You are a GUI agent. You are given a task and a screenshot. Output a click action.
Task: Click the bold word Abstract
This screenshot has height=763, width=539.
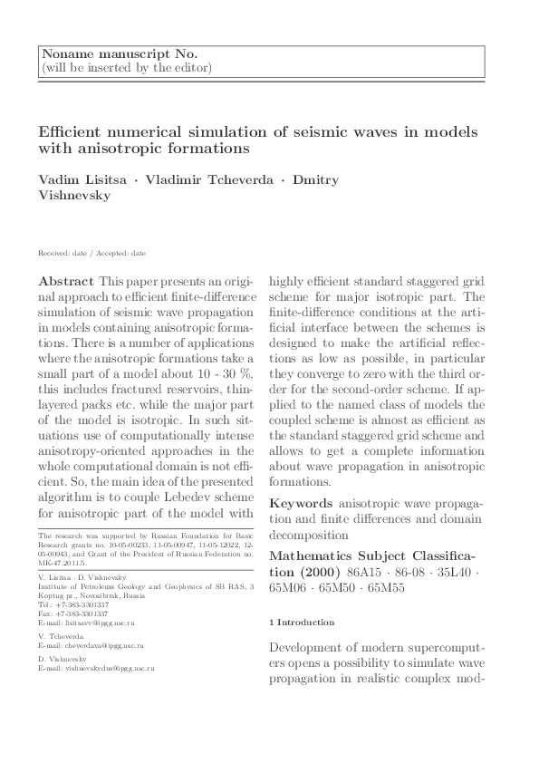point(68,280)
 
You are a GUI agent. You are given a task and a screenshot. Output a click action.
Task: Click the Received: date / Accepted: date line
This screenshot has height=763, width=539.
point(91,253)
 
